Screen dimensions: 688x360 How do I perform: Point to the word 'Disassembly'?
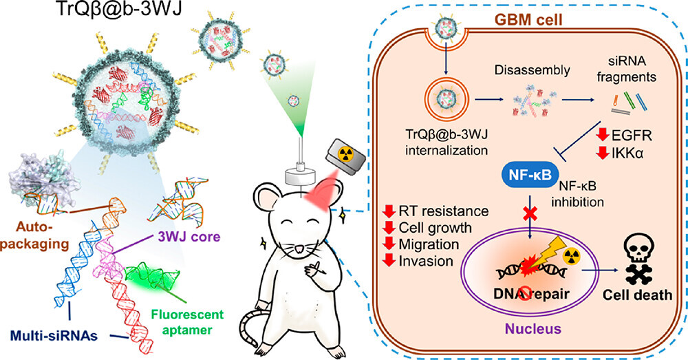[533, 70]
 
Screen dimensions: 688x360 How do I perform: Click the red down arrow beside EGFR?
[603, 135]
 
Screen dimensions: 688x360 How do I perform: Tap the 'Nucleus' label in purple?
[533, 329]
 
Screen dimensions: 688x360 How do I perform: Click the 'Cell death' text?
[637, 295]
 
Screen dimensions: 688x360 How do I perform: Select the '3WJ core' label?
[189, 237]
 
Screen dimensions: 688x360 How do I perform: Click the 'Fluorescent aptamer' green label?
[187, 322]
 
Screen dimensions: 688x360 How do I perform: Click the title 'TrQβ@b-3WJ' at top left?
[119, 10]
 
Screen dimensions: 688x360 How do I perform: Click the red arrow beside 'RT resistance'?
[389, 211]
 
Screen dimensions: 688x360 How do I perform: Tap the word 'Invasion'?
[426, 261]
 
